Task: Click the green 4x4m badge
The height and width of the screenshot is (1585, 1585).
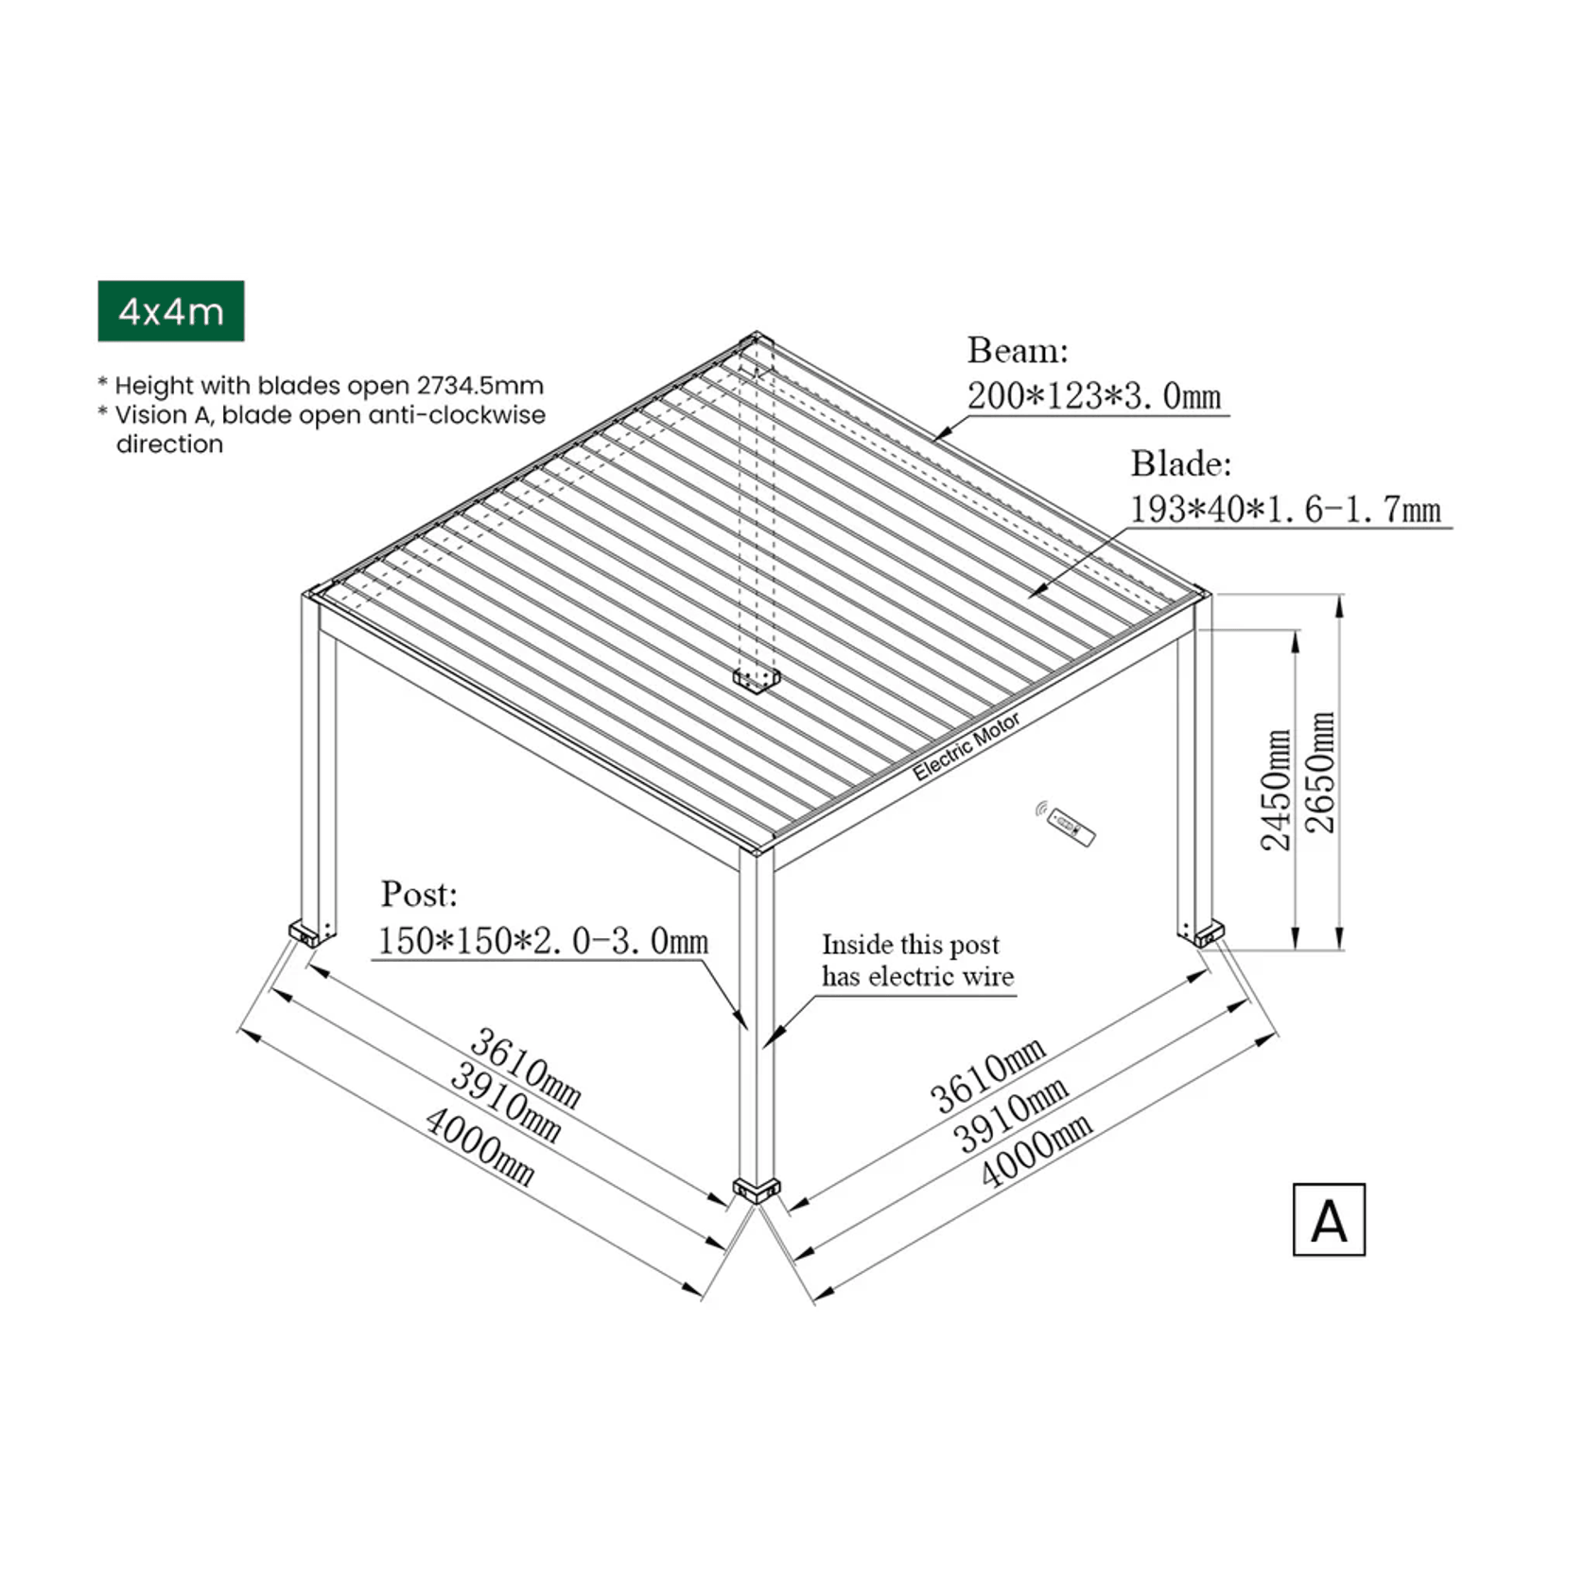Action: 171,311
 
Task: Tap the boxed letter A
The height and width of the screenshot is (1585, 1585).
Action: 1329,1220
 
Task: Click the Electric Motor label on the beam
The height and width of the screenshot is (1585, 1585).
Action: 966,747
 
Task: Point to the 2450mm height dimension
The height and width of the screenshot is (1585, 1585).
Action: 1276,790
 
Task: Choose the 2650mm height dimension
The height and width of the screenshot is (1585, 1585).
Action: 1320,772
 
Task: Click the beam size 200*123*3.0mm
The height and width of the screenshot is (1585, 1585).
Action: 1094,395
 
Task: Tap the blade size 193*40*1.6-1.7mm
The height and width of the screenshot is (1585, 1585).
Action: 1285,510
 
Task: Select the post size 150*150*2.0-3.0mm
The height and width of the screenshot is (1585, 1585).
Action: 543,941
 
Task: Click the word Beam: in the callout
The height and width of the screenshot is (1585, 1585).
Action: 1018,351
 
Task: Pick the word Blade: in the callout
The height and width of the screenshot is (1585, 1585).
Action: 1181,463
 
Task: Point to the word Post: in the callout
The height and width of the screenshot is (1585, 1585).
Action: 419,894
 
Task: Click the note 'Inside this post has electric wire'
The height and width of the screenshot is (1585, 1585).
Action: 916,960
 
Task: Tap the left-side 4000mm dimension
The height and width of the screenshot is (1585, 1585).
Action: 479,1147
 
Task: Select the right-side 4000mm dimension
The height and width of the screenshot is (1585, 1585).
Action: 1036,1148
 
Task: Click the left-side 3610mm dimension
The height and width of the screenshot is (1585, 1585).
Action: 525,1068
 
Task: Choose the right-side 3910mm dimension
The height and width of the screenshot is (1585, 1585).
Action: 1010,1113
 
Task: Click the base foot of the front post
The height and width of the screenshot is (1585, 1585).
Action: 757,1189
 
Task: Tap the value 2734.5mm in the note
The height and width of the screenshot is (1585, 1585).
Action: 479,386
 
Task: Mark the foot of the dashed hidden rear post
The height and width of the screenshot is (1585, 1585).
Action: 757,679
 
